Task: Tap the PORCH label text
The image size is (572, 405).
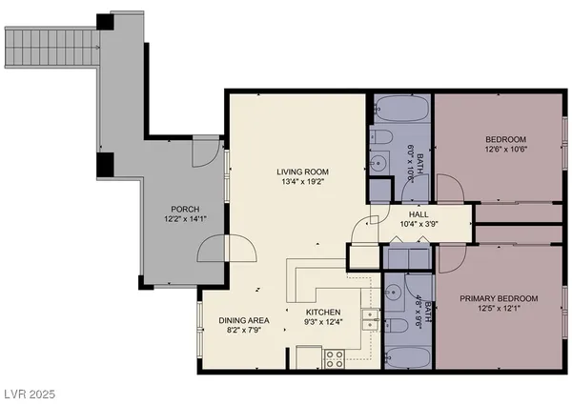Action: point(185,209)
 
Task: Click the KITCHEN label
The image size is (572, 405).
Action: point(323,312)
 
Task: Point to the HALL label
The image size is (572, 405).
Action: point(419,215)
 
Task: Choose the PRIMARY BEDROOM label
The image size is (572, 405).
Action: point(499,298)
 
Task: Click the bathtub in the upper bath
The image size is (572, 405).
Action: point(401,109)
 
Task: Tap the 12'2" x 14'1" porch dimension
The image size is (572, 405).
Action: point(185,220)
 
